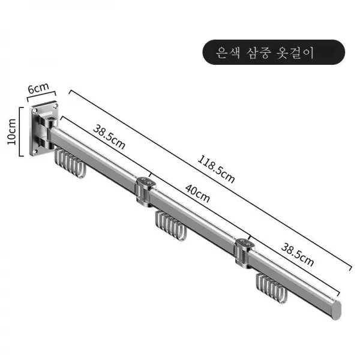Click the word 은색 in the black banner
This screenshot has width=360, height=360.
229,52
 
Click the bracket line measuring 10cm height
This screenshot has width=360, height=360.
22,133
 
